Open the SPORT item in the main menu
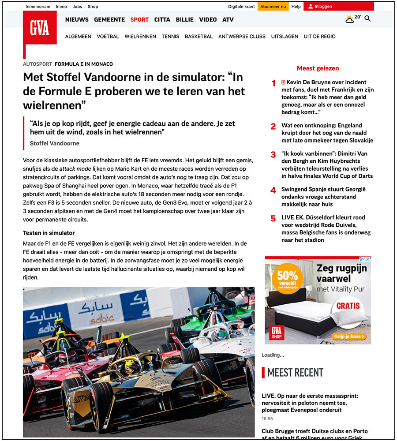[x=139, y=19]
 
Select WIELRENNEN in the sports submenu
[x=140, y=37]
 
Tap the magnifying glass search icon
[x=367, y=19]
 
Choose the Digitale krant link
[x=241, y=7]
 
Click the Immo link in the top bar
[x=61, y=7]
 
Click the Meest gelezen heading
[x=318, y=68]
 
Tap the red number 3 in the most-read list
[x=273, y=154]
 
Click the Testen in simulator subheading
[x=49, y=233]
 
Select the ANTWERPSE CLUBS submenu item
[x=242, y=37]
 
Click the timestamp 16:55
[x=267, y=419]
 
